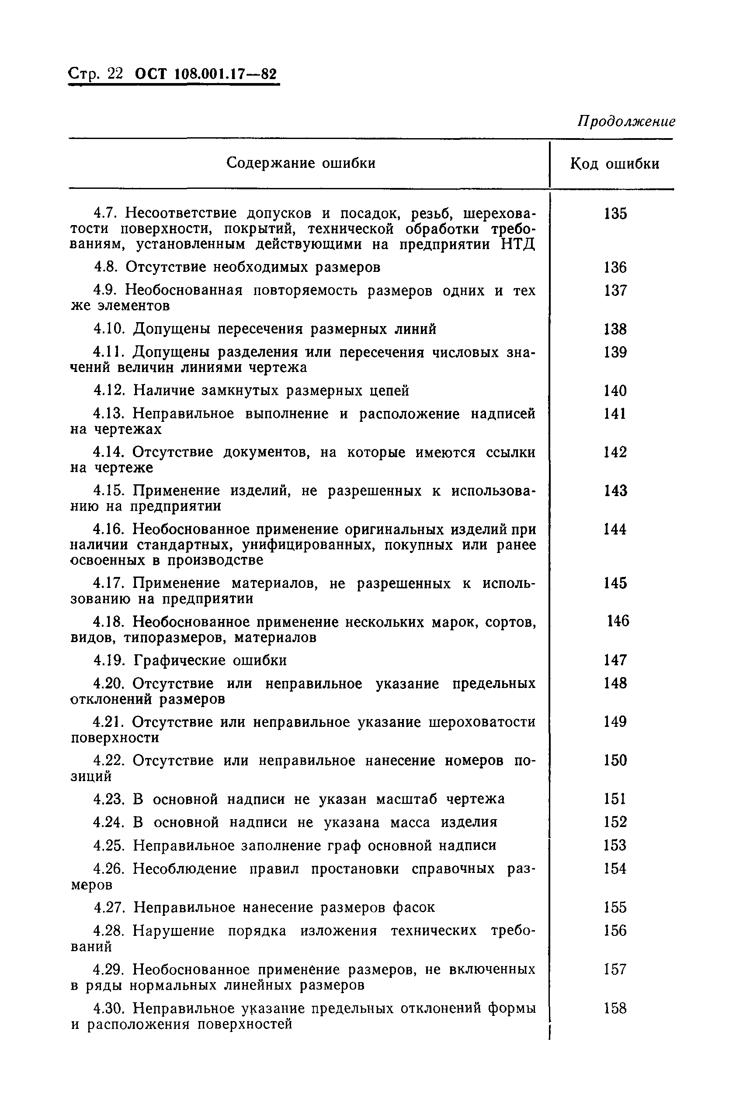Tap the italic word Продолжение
click(x=626, y=122)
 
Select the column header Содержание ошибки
click(x=301, y=163)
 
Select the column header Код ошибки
click(x=615, y=164)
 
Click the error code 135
click(x=615, y=214)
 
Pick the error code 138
click(x=615, y=329)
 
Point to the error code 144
click(x=615, y=529)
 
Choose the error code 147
click(x=615, y=660)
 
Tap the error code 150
click(x=615, y=761)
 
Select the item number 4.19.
click(x=109, y=660)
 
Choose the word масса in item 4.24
click(x=410, y=822)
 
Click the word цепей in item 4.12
click(x=389, y=390)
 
